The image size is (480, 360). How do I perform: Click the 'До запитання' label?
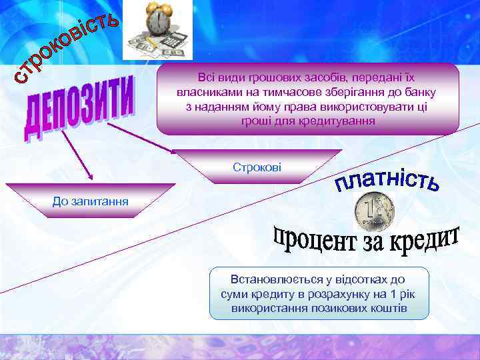(91, 201)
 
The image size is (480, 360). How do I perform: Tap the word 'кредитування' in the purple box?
(341, 121)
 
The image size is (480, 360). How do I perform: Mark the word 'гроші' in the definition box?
(256, 121)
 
